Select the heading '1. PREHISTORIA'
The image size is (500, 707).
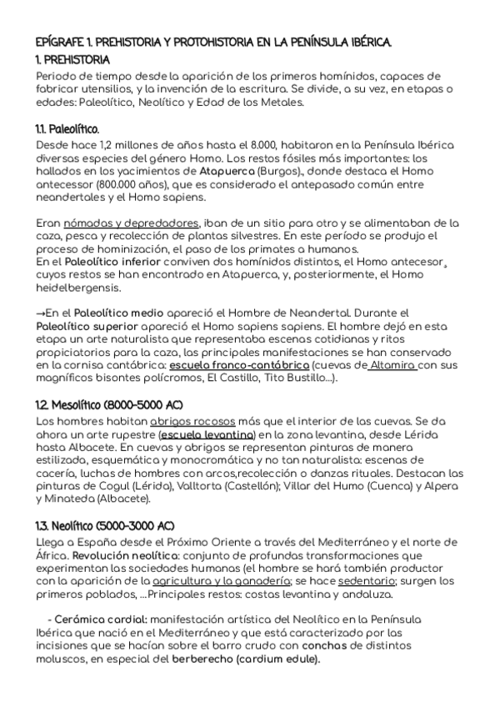(x=74, y=60)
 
